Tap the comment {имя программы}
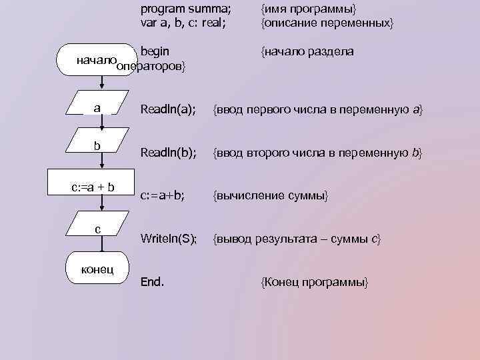tap(309, 10)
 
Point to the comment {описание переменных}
tap(327, 23)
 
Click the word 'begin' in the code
tap(155, 51)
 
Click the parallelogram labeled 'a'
tap(98, 107)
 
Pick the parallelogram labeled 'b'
tap(98, 146)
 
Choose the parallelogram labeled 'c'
tap(98, 229)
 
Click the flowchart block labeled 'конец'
tap(97, 269)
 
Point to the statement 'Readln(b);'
tap(168, 153)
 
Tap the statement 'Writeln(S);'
tap(169, 239)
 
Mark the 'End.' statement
tap(152, 281)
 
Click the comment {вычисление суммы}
tap(270, 195)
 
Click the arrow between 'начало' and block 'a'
tap(101, 83)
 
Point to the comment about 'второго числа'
tap(317, 153)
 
